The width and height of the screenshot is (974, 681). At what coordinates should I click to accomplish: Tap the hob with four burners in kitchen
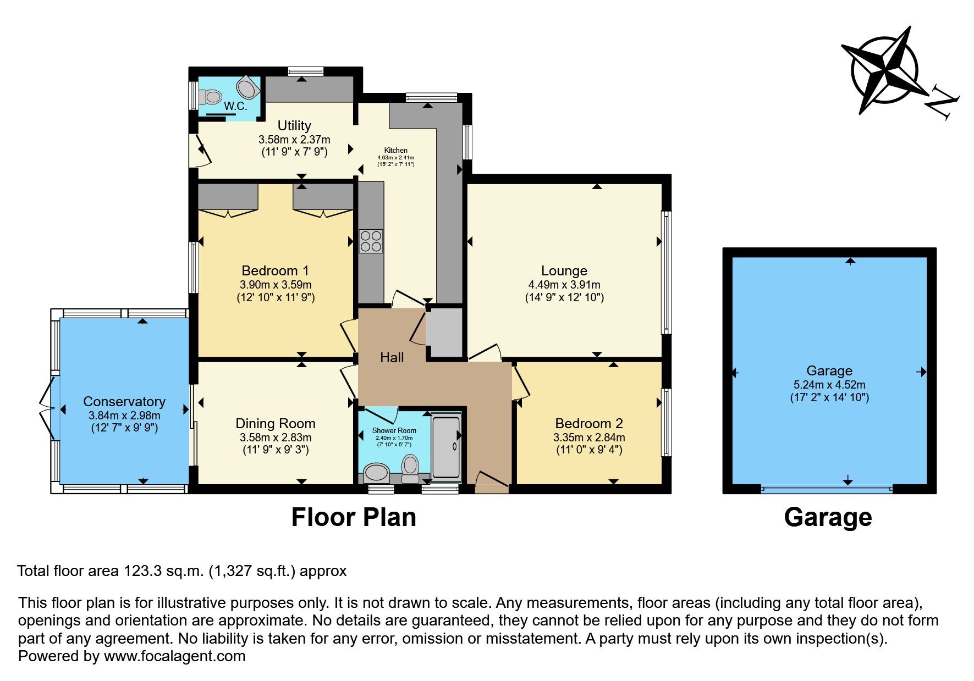click(371, 241)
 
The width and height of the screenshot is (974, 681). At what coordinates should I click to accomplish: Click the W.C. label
click(235, 107)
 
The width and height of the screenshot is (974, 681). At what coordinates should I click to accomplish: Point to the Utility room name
click(294, 126)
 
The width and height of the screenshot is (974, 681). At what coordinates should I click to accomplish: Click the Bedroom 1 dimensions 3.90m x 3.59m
click(276, 285)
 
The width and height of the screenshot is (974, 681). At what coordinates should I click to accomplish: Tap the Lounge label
click(564, 270)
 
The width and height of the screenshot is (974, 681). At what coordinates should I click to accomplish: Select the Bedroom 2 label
click(589, 423)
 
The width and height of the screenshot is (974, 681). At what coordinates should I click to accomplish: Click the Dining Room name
click(276, 423)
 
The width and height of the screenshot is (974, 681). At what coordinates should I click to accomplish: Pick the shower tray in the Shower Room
click(445, 447)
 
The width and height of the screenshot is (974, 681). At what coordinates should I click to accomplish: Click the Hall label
click(392, 358)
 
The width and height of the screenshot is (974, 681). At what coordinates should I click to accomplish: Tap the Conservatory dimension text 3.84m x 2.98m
click(124, 416)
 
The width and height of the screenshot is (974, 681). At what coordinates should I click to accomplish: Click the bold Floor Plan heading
click(354, 517)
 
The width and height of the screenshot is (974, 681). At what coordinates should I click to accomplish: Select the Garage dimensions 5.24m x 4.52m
click(829, 385)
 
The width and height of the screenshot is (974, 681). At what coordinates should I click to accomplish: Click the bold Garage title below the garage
click(828, 517)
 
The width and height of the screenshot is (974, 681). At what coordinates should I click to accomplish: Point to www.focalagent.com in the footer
click(174, 656)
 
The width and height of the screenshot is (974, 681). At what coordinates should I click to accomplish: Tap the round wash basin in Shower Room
click(377, 472)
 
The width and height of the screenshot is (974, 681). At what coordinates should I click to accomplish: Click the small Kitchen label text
click(395, 150)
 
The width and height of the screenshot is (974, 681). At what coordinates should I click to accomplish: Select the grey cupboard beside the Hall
click(444, 333)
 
